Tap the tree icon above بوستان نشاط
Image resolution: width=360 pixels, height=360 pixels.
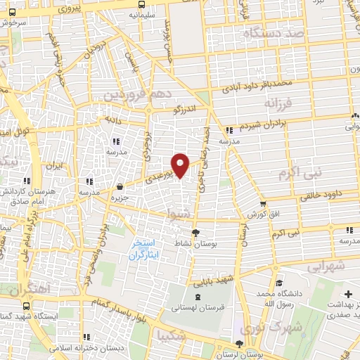coord(196,233)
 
